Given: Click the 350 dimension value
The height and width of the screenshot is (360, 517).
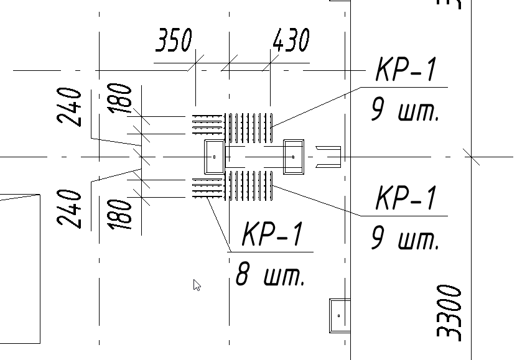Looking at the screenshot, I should coord(174,41).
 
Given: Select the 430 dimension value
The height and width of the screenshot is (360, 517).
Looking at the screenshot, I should coord(291,41).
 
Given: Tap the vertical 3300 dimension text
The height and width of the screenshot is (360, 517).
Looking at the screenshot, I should coord(450,313).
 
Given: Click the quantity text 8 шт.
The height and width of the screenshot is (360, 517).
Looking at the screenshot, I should coord(271,274).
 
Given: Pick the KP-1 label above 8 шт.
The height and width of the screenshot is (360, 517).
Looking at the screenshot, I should coord(272,236).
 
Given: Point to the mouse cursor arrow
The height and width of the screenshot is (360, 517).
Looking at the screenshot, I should coord(197,285).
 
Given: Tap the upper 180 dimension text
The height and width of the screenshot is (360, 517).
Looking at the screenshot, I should coord(123,98).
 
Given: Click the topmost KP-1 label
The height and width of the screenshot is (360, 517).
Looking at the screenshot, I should coord(406,70).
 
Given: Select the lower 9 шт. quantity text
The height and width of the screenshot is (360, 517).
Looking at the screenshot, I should coord(405,238).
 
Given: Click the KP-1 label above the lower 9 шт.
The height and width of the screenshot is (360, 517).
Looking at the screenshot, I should coord(406,198).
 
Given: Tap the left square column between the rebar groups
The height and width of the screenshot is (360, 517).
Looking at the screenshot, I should coord(214,157).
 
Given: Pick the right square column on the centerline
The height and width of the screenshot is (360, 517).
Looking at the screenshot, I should coord(293,157).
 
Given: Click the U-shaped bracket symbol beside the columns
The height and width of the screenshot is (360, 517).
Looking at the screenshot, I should coord(329,157).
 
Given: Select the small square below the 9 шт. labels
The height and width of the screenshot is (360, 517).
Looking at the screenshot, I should coord(339,316).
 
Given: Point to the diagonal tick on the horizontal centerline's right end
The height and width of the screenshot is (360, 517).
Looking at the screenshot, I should coord(471,157).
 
